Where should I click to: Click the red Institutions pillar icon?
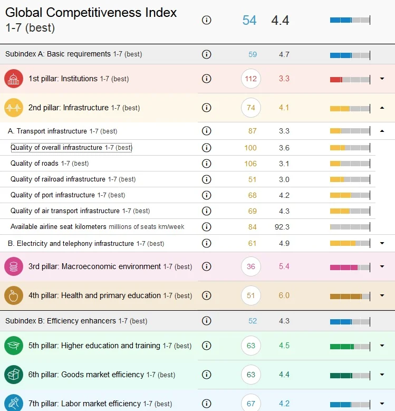pos(14,79)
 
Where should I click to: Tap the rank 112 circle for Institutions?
pos(251,79)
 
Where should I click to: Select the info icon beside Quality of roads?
pos(206,164)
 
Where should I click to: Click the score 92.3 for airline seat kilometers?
pos(282,227)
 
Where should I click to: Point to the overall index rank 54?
pos(249,20)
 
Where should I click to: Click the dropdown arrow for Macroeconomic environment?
pos(382,266)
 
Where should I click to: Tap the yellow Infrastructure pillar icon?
pos(14,108)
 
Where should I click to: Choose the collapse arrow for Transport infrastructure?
pos(382,131)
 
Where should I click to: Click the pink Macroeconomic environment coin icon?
pos(14,266)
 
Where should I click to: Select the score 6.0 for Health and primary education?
pos(284,295)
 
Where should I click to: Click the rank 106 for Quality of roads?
pos(251,164)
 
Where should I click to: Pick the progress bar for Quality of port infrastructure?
pos(350,195)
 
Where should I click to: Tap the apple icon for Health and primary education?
pos(14,295)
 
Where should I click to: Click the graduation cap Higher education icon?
pos(14,346)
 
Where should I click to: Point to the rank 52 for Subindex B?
pos(253,321)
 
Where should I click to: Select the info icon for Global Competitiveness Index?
pos(206,20)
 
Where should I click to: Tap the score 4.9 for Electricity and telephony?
pos(284,243)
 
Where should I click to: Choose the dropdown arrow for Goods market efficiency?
pos(382,375)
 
